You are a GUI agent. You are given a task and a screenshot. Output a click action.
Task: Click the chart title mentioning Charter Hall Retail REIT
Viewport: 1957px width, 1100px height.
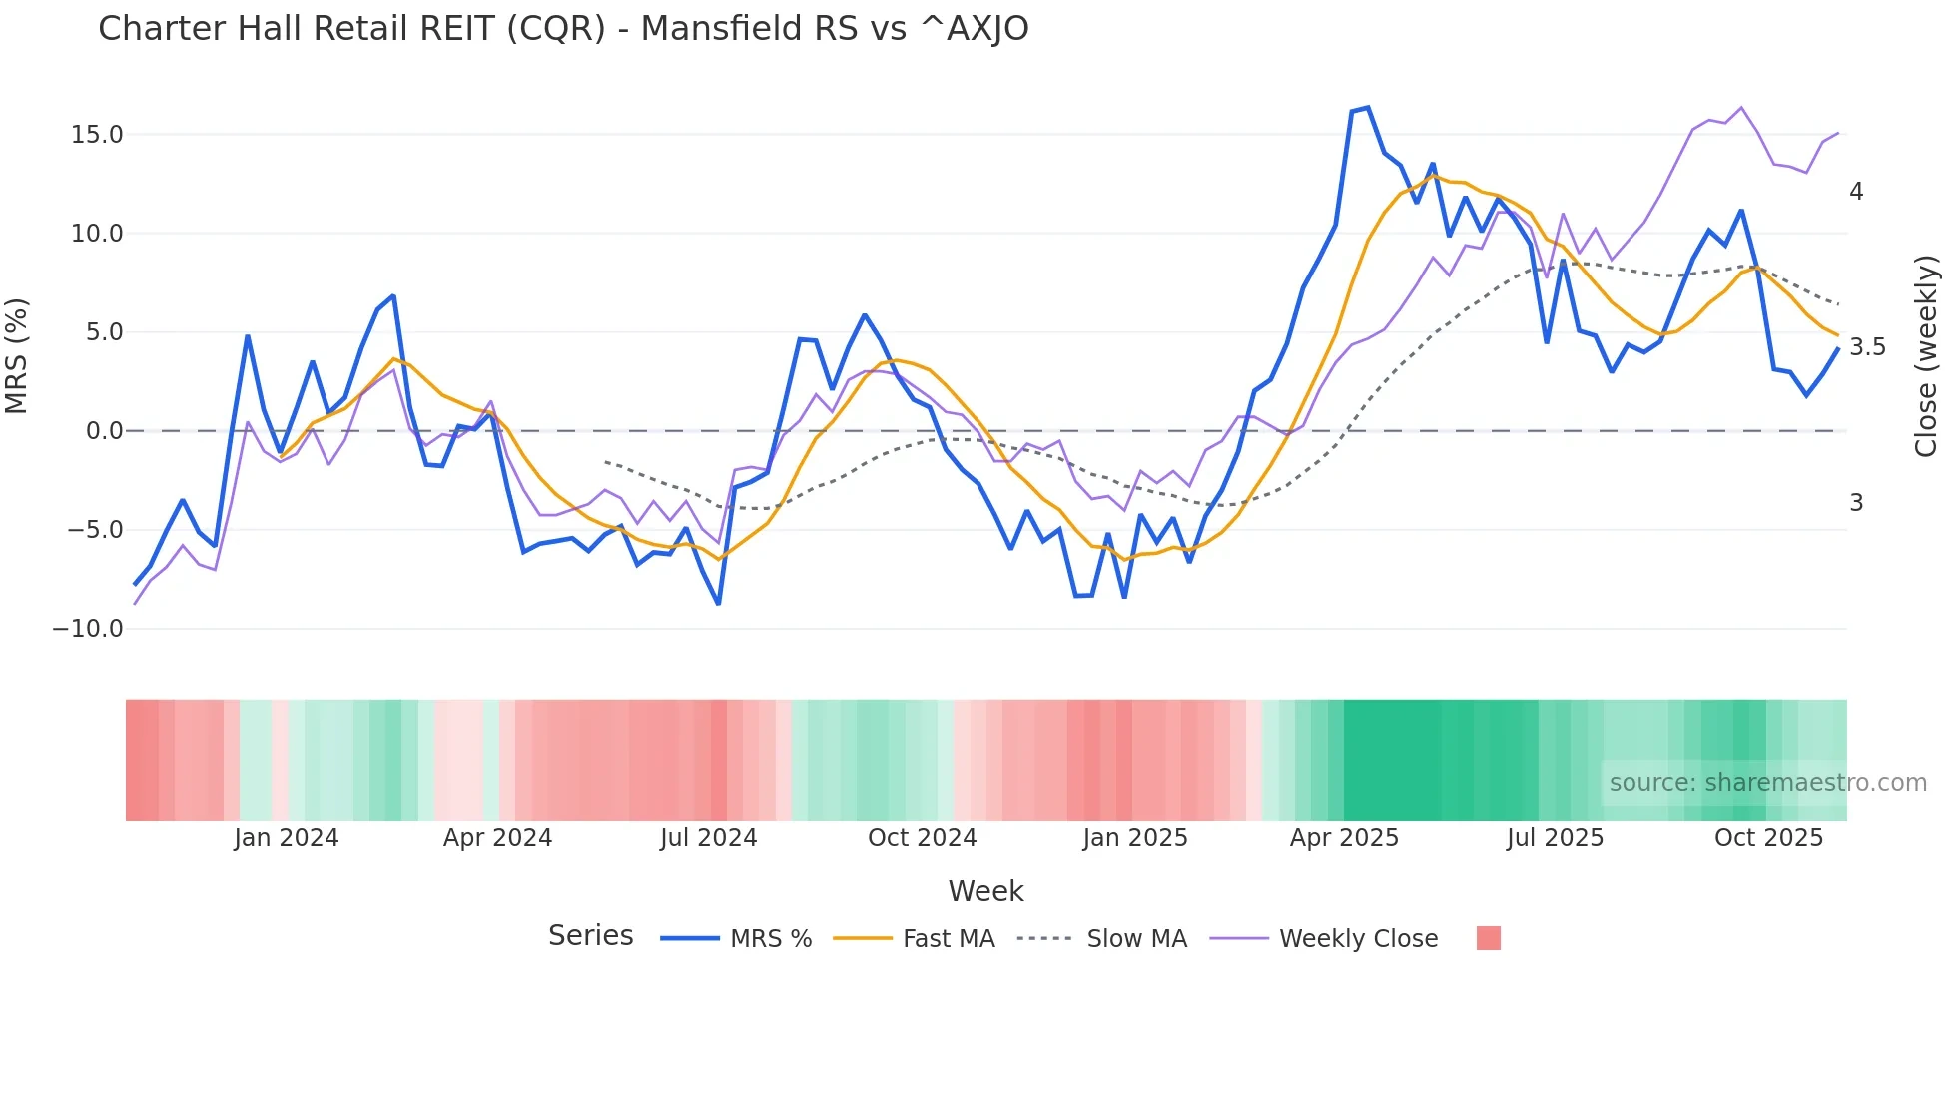pyautogui.click(x=563, y=29)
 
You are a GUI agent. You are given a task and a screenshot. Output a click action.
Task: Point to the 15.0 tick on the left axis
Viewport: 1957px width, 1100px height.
pyautogui.click(x=97, y=135)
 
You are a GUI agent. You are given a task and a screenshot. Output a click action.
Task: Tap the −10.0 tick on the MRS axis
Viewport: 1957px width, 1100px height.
pyautogui.click(x=88, y=629)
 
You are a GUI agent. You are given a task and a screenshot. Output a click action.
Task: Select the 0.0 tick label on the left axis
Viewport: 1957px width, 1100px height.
pyautogui.click(x=104, y=431)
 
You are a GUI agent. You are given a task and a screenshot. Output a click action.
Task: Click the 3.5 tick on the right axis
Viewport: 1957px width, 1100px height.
pyautogui.click(x=1867, y=347)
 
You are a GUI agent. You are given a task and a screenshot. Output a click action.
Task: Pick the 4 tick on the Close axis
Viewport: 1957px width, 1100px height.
pyautogui.click(x=1856, y=192)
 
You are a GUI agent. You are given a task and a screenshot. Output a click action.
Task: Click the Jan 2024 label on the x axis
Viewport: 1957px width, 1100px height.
pyautogui.click(x=287, y=838)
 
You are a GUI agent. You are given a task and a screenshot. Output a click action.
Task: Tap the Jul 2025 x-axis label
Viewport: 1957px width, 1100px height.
pyautogui.click(x=1555, y=838)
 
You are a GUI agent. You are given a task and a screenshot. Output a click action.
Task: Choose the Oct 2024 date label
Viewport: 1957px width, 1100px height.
pyautogui.click(x=922, y=838)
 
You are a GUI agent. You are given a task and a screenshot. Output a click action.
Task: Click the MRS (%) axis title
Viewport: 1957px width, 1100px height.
pyautogui.click(x=17, y=355)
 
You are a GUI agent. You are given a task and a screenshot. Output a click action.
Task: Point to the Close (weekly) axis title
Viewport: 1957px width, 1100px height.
pyautogui.click(x=1926, y=355)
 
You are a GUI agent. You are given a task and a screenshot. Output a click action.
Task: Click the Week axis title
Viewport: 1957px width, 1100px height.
pyautogui.click(x=985, y=891)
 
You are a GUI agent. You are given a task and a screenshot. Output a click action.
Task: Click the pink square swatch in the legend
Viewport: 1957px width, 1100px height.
pyautogui.click(x=1488, y=938)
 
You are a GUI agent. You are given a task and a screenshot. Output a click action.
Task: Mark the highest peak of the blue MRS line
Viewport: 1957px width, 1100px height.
pyautogui.click(x=1367, y=107)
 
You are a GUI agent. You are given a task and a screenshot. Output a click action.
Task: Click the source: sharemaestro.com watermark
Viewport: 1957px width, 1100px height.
pyautogui.click(x=1767, y=783)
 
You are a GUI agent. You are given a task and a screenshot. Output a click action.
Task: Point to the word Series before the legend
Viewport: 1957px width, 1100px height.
pyautogui.click(x=590, y=936)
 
